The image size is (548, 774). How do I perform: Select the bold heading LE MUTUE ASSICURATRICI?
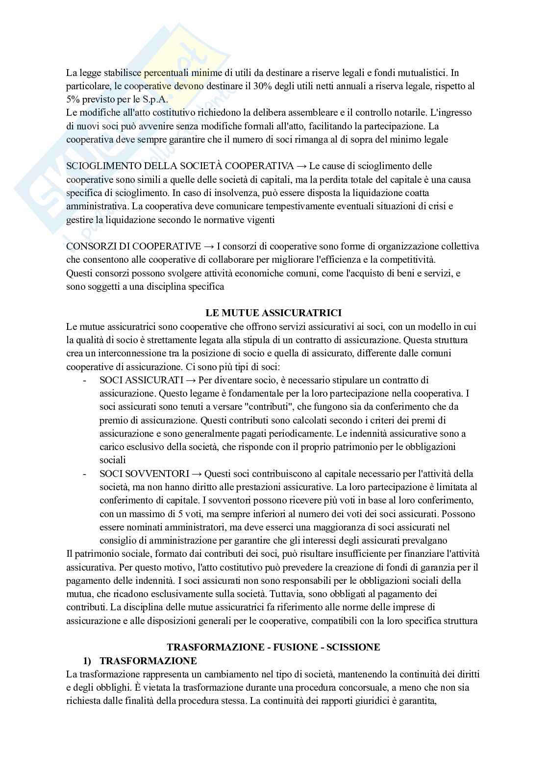point(273,313)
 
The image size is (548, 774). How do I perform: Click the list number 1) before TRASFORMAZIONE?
point(88,661)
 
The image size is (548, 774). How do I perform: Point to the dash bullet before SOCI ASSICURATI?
point(85,380)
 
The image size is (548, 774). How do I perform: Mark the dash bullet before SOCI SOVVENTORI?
point(85,474)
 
